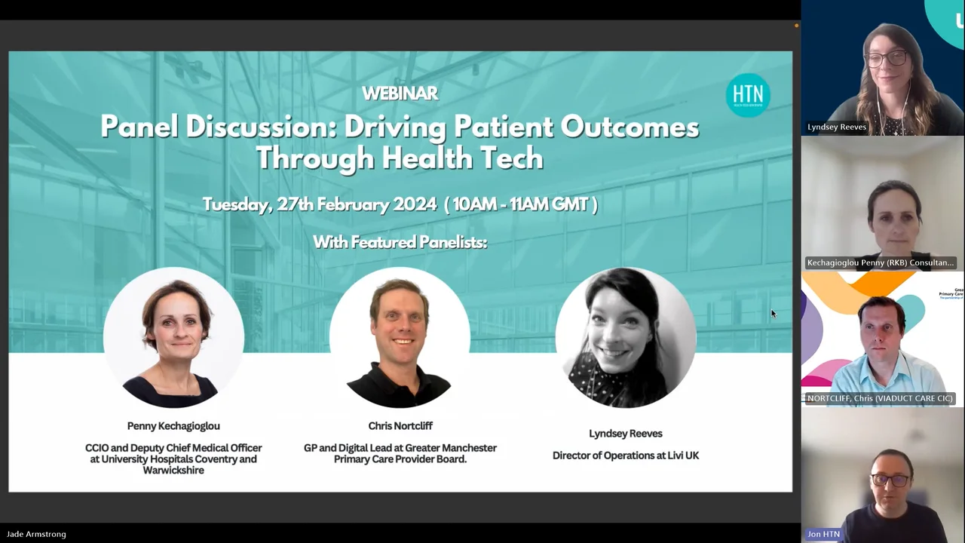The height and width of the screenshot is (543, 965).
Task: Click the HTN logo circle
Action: [748, 95]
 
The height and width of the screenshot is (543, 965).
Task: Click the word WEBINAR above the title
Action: [400, 94]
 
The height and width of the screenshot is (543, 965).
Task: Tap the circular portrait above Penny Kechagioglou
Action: [173, 337]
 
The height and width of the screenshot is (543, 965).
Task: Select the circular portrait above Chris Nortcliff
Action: [400, 337]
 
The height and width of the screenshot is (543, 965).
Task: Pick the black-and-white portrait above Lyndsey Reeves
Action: [626, 337]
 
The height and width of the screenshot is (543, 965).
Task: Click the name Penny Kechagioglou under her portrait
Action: [173, 426]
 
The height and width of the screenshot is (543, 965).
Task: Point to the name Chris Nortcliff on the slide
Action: [400, 426]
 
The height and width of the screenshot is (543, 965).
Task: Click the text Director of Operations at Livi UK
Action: [626, 456]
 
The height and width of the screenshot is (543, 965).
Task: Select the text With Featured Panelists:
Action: [400, 242]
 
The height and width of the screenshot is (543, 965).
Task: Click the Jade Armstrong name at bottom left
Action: [36, 534]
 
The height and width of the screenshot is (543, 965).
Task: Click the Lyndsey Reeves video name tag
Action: [837, 127]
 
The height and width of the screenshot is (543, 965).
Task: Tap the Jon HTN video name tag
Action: [823, 534]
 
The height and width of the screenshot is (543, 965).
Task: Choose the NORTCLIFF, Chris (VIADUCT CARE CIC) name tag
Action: [880, 398]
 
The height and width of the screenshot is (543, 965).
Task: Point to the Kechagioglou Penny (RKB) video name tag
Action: [880, 262]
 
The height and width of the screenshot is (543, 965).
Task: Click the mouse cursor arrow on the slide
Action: [773, 314]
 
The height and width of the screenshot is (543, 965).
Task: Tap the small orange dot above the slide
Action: [796, 26]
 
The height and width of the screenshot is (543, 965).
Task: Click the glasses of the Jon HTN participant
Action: [890, 480]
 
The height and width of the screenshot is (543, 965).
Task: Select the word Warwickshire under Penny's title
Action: [173, 471]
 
